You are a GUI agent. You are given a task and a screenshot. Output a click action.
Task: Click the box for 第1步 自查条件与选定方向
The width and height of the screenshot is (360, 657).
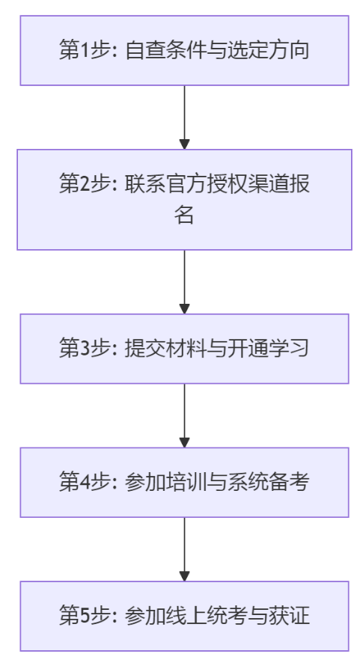(184, 50)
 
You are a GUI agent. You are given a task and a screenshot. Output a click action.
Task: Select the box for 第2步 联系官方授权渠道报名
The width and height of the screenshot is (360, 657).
(184, 200)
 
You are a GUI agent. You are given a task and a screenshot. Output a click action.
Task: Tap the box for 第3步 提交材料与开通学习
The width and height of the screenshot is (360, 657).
(184, 349)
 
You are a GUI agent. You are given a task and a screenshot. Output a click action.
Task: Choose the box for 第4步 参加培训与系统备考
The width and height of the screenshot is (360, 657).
(184, 483)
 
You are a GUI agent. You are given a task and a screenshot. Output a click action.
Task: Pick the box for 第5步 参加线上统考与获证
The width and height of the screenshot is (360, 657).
(184, 617)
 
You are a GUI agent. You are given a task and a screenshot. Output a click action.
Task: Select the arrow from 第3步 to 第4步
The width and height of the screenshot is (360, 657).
(184, 416)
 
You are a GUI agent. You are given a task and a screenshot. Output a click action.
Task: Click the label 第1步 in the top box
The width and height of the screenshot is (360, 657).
(80, 51)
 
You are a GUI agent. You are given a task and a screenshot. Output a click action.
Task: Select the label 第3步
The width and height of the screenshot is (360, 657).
(80, 349)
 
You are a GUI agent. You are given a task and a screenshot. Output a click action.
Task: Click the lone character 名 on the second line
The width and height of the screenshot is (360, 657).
(184, 216)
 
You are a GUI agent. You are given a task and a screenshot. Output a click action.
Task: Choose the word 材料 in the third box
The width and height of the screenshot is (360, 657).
(183, 349)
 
